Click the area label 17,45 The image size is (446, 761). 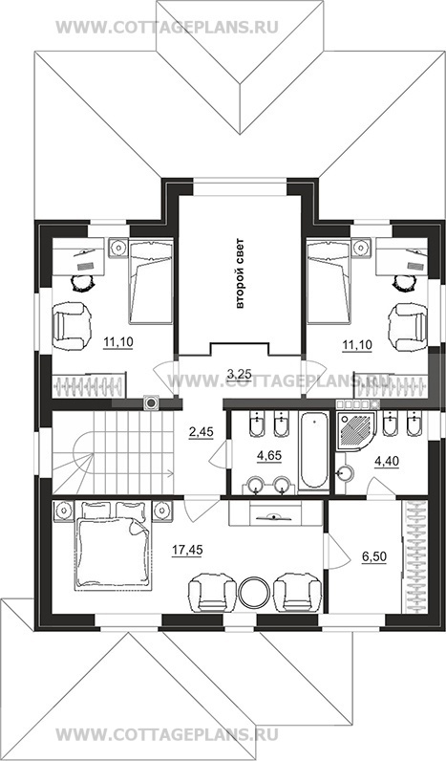(x=186, y=550)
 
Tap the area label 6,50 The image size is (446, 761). (x=374, y=556)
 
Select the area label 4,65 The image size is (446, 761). (x=269, y=455)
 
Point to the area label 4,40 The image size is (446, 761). (x=387, y=461)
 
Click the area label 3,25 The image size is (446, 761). (x=239, y=372)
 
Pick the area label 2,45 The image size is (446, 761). (x=202, y=431)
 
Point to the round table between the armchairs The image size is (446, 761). (x=254, y=592)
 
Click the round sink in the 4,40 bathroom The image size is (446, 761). (x=346, y=472)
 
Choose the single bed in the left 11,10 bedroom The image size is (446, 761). (x=151, y=281)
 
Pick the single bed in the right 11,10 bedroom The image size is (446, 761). (x=328, y=281)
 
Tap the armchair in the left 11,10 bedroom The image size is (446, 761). (x=72, y=327)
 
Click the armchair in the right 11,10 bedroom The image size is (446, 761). (x=408, y=327)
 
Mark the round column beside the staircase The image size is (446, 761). (x=152, y=402)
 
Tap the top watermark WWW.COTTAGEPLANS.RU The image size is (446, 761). (x=167, y=27)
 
